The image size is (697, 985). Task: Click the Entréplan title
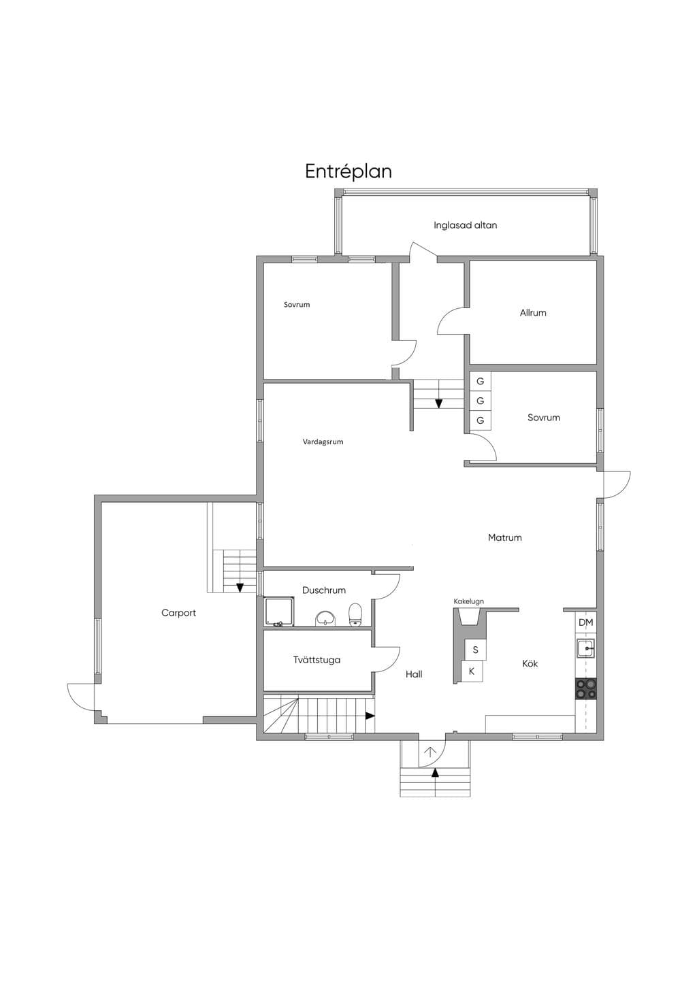pyautogui.click(x=348, y=172)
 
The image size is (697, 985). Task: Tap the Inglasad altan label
pyautogui.click(x=465, y=225)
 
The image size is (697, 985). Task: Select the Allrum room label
pyautogui.click(x=533, y=313)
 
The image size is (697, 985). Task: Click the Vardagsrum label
pyautogui.click(x=323, y=441)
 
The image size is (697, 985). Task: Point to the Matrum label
pyautogui.click(x=504, y=537)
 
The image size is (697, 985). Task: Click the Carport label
pyautogui.click(x=178, y=612)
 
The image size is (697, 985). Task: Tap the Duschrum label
pyautogui.click(x=323, y=590)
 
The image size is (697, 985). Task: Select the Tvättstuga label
pyautogui.click(x=317, y=660)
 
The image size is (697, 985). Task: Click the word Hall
pyautogui.click(x=414, y=674)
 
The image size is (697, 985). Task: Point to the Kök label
pyautogui.click(x=530, y=663)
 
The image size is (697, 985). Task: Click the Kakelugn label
pyautogui.click(x=468, y=601)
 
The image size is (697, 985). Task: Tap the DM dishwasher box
pyautogui.click(x=585, y=622)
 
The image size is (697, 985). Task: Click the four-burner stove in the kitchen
pyautogui.click(x=585, y=690)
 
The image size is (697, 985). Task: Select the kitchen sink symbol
pyautogui.click(x=585, y=648)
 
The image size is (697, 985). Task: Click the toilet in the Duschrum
pyautogui.click(x=355, y=614)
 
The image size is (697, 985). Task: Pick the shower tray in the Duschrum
pyautogui.click(x=279, y=612)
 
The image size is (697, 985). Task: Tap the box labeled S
pyautogui.click(x=476, y=650)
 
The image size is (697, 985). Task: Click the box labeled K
pyautogui.click(x=472, y=671)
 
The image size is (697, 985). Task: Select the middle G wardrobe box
pyautogui.click(x=480, y=401)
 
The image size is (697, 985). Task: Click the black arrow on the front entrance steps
pyautogui.click(x=435, y=773)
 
